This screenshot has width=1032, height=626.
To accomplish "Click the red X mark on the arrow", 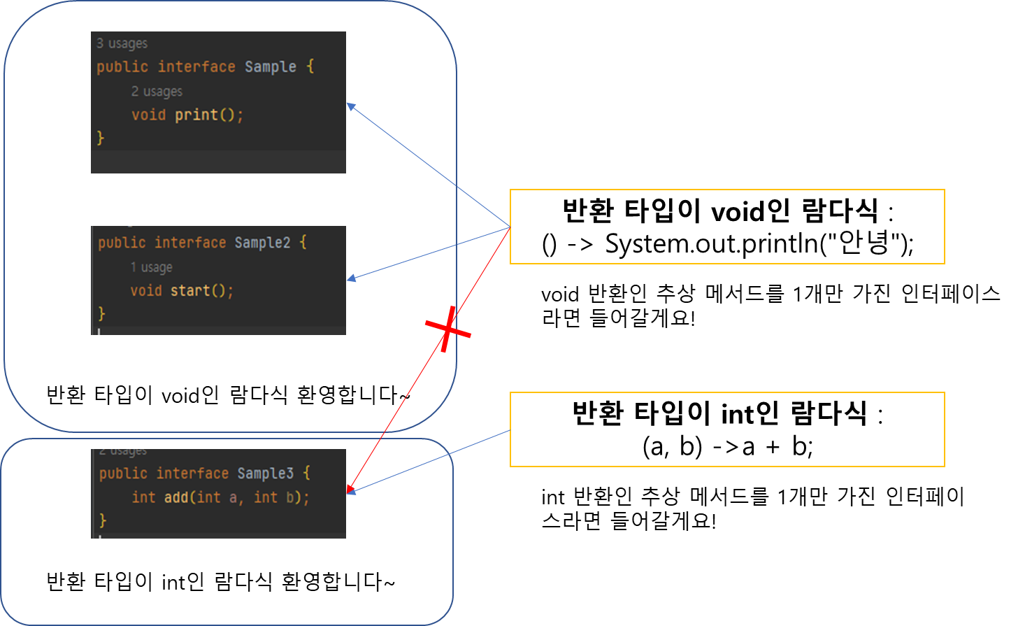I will [447, 329].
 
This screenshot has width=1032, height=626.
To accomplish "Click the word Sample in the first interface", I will [271, 67].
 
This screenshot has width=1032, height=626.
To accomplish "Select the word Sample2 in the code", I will [262, 243].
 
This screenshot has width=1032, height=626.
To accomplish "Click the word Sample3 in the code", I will [265, 474].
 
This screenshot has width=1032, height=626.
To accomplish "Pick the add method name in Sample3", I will [175, 497].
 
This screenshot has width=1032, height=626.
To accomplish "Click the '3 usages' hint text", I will [122, 43].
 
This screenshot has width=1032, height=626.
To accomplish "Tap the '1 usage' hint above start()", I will [151, 267].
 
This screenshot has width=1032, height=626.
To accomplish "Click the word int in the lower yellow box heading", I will [738, 413].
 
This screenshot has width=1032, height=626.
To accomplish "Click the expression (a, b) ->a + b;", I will [727, 446].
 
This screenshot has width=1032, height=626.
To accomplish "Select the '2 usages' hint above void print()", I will [157, 92].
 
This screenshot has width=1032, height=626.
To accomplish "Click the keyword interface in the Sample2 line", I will [190, 243].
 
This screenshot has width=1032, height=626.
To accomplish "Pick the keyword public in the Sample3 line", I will [123, 474].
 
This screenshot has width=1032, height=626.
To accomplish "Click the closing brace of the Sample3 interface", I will [103, 520].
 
